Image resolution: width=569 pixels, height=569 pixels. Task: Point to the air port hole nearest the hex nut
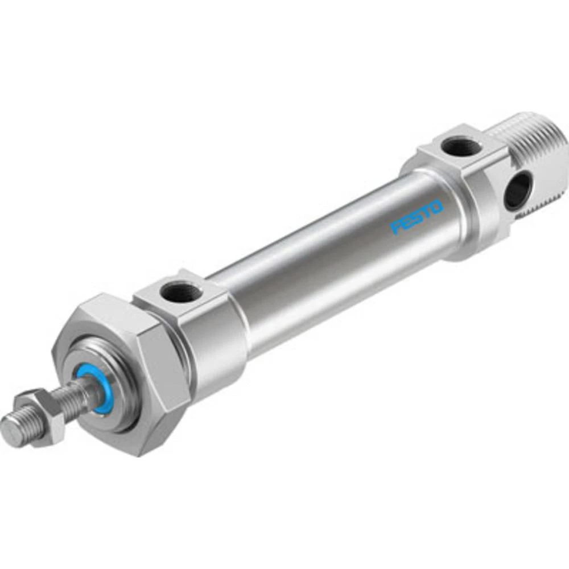pos(180,293)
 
